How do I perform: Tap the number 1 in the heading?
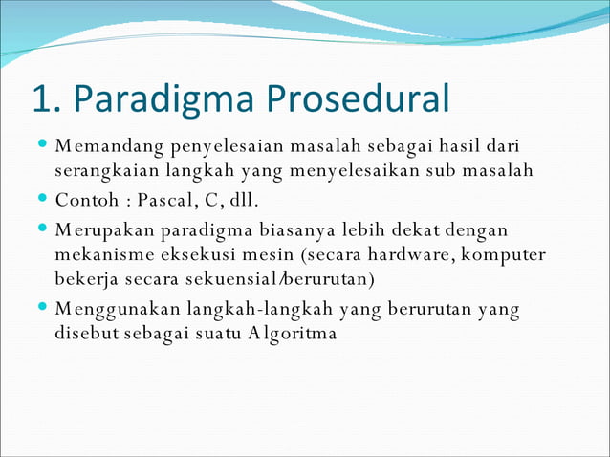click(x=41, y=99)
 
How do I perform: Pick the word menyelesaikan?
click(x=364, y=171)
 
